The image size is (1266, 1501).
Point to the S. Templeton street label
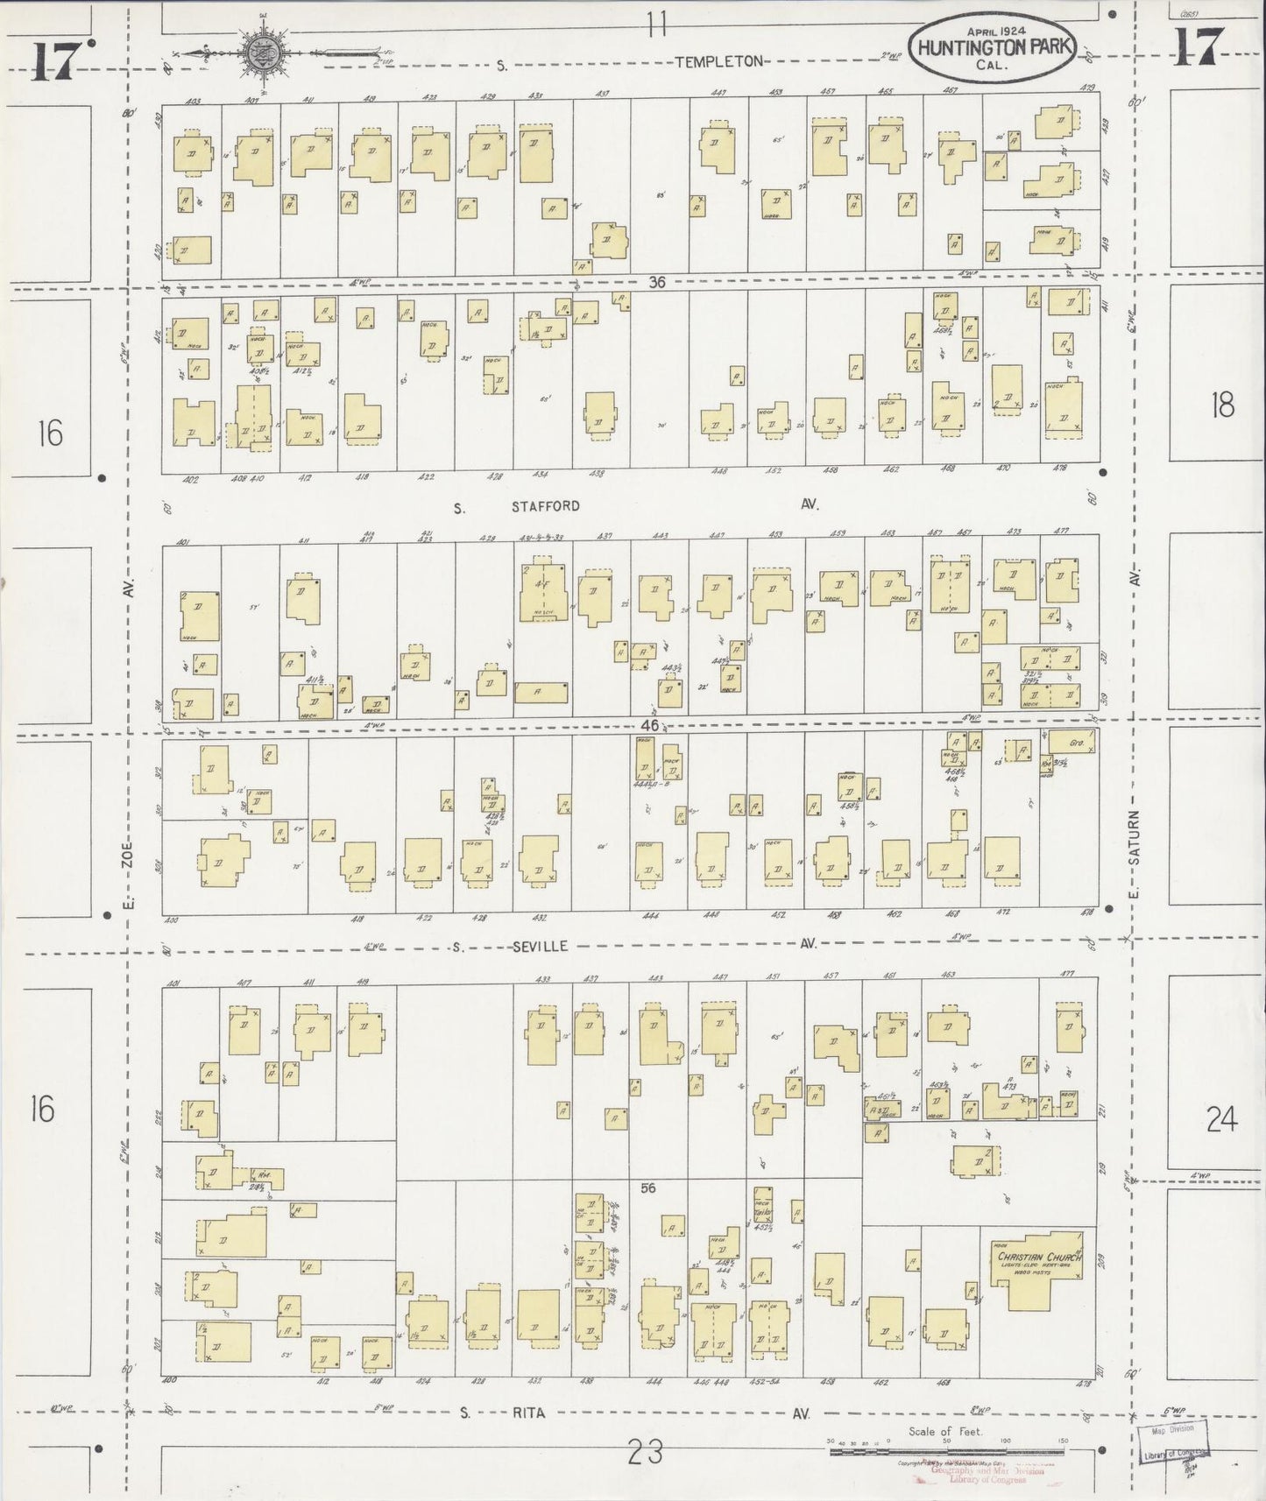pos(718,61)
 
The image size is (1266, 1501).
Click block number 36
pos(657,282)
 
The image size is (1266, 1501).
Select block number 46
pos(650,726)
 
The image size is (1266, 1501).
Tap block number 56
pos(648,1188)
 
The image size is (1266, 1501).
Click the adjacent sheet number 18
pos(1221,405)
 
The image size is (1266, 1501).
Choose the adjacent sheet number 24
pos(1220,1118)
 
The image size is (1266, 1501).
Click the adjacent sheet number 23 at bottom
pos(645,1453)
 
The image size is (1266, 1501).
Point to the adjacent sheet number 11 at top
pos(656,24)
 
